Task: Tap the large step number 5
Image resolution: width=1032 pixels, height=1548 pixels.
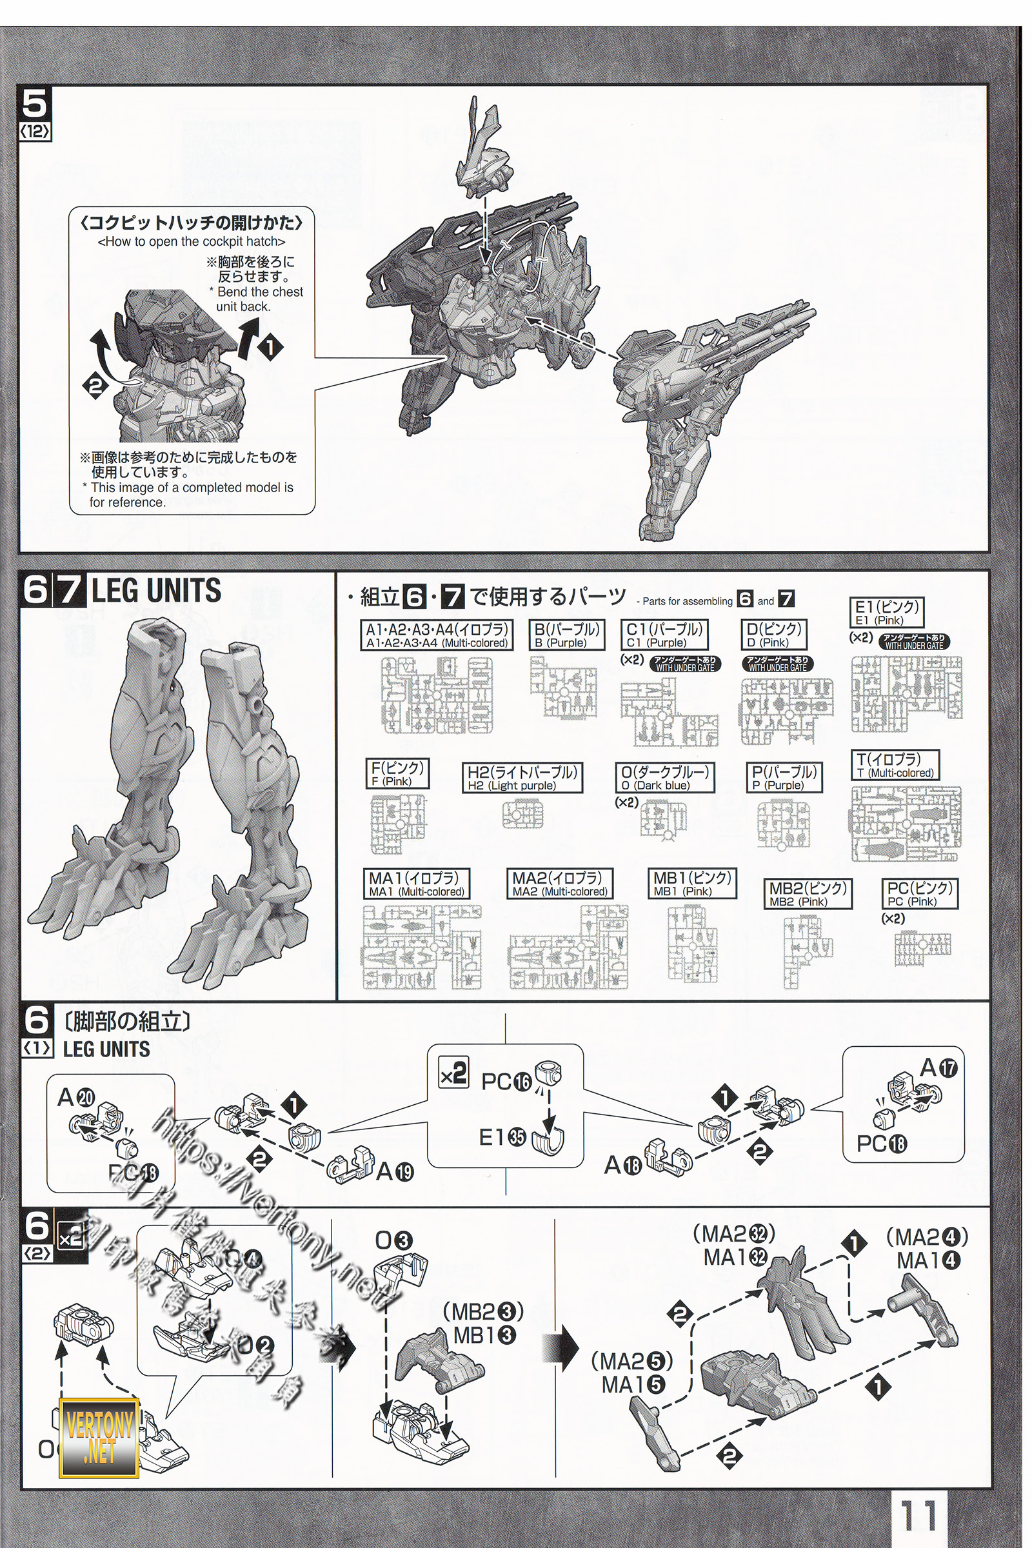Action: [35, 104]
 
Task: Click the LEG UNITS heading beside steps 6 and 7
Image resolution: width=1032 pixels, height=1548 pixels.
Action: [157, 590]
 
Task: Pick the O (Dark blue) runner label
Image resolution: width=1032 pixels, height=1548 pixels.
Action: [665, 778]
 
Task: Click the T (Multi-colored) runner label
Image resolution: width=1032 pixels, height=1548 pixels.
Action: [895, 766]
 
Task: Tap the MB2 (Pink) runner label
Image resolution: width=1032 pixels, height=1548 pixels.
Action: [808, 895]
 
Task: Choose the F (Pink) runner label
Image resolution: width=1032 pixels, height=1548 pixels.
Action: [397, 773]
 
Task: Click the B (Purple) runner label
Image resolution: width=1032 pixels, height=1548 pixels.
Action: [567, 636]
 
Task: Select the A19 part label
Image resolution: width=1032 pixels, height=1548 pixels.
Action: [395, 1171]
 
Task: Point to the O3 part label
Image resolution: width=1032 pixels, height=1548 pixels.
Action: [393, 1240]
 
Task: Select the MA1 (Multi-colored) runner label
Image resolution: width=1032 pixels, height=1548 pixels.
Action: [417, 884]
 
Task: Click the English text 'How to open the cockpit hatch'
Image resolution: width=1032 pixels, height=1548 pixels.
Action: [191, 241]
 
